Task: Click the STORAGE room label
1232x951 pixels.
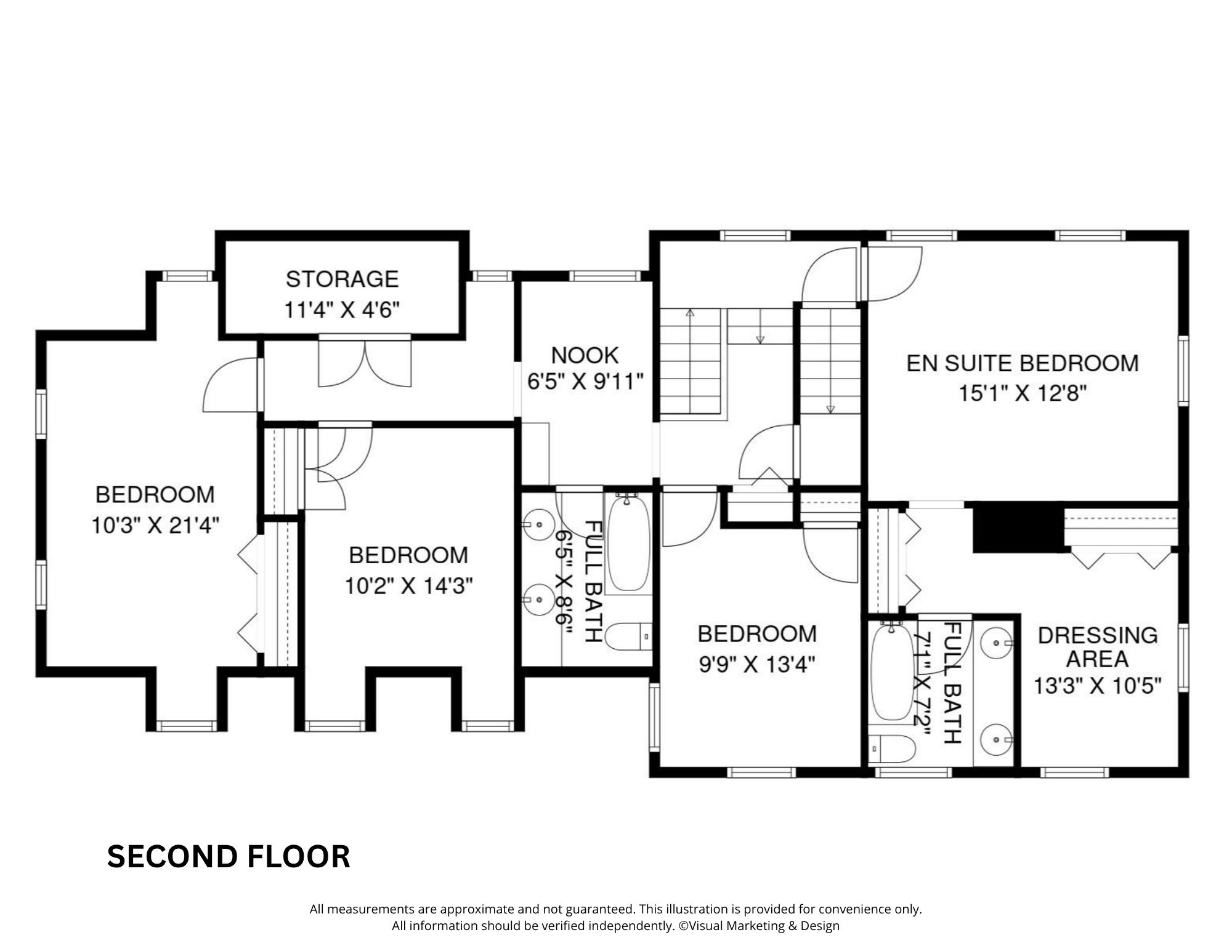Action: pos(342,279)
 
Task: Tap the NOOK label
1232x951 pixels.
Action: pos(585,355)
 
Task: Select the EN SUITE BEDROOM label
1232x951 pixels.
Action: pos(1023,363)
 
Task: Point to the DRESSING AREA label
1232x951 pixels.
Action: pos(1098,647)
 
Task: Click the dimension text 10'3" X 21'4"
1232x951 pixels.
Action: pos(155,525)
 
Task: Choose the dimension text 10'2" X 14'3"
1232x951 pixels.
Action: pos(408,586)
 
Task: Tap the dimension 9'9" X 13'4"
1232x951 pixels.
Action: pos(757,664)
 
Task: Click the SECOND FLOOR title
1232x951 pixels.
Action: pos(229,856)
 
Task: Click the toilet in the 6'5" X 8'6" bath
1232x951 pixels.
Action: pos(628,637)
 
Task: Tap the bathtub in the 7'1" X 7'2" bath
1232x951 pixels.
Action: pos(893,672)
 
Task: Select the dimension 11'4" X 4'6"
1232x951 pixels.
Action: pos(342,310)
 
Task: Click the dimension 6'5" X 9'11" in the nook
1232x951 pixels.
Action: pos(585,382)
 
